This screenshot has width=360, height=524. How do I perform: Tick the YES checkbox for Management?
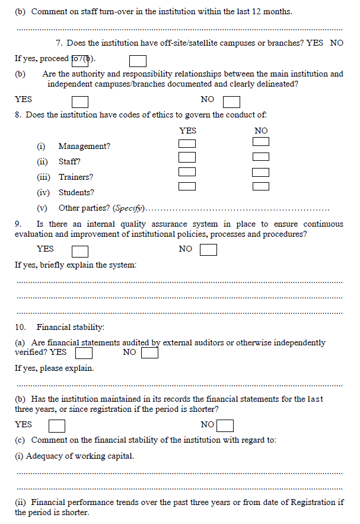[187, 143]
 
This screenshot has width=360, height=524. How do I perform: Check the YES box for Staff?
[187, 157]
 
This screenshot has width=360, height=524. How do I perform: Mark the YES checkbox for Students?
[187, 186]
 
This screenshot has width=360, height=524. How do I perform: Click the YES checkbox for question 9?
[80, 251]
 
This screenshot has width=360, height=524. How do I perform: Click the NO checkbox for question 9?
[208, 250]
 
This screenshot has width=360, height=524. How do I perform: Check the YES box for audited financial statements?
[84, 353]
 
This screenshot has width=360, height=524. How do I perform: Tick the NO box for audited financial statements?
[150, 353]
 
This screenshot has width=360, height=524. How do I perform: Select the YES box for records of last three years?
[57, 426]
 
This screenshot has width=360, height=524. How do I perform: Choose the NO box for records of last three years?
[225, 426]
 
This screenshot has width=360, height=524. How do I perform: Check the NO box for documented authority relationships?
[232, 103]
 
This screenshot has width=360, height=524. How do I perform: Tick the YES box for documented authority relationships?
[80, 103]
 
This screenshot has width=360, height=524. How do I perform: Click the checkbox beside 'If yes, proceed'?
[138, 61]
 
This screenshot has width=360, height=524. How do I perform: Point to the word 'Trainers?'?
[75, 177]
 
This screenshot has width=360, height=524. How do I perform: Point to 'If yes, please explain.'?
[54, 369]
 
